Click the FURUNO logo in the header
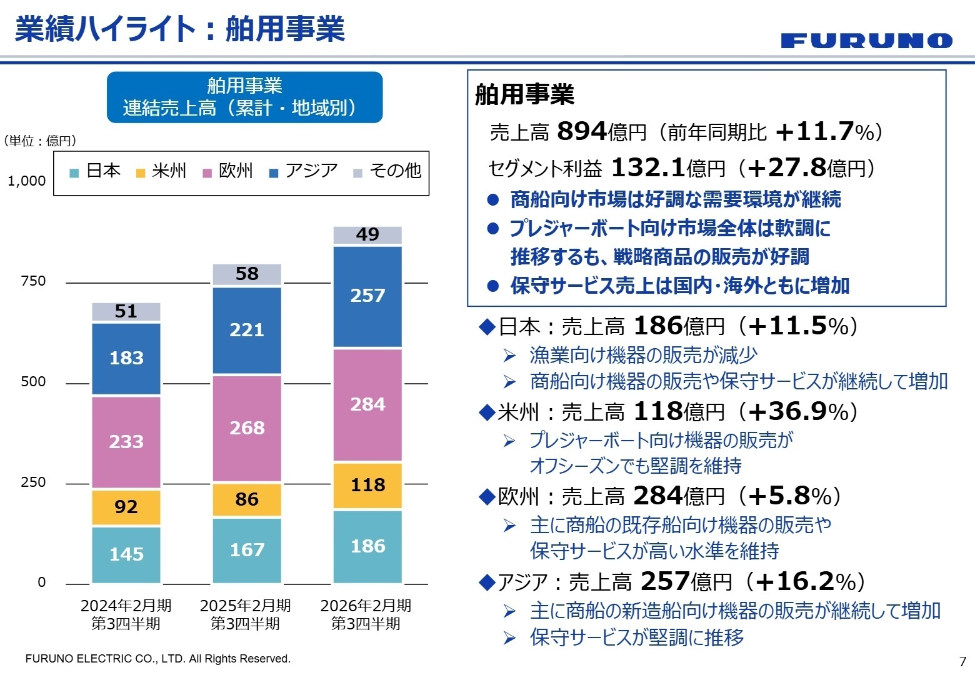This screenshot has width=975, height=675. (x=866, y=41)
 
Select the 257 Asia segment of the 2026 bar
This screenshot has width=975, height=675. (x=367, y=296)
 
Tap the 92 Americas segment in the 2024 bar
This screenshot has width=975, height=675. (x=126, y=507)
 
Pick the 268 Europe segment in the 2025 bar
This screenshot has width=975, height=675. (x=247, y=429)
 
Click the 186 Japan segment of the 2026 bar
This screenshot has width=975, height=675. (x=367, y=547)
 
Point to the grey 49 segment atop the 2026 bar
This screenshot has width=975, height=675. (x=367, y=235)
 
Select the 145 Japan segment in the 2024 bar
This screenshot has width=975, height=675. (x=126, y=554)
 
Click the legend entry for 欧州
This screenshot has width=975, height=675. (x=229, y=171)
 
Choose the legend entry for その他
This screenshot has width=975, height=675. (x=387, y=171)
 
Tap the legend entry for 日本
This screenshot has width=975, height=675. (x=96, y=171)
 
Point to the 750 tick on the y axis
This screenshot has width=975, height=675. (x=33, y=281)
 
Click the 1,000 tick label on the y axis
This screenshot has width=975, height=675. (x=27, y=181)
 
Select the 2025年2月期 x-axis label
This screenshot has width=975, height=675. (x=246, y=614)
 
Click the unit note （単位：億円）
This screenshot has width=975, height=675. (x=40, y=141)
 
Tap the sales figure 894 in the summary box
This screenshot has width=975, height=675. (x=581, y=131)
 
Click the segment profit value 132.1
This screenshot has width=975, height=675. (x=647, y=167)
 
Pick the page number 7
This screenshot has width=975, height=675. (x=962, y=661)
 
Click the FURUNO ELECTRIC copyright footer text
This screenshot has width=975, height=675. (x=157, y=659)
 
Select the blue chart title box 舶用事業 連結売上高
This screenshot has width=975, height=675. (x=244, y=97)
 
